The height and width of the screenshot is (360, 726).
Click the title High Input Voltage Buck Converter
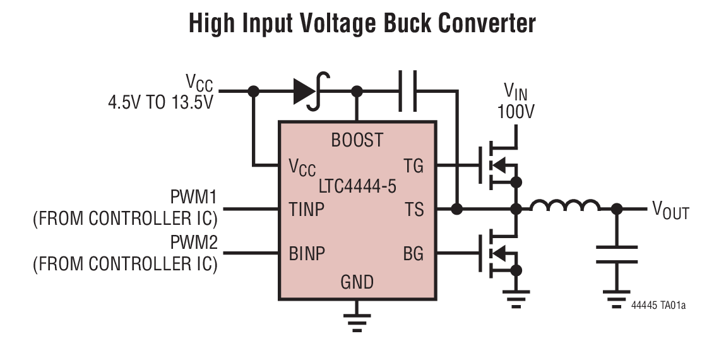[x=362, y=23]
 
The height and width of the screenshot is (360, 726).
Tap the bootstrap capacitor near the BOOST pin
[x=407, y=92]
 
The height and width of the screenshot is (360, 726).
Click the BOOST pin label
[x=357, y=140]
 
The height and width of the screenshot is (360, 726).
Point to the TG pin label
[x=414, y=167]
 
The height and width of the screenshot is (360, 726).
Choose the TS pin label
[x=414, y=209]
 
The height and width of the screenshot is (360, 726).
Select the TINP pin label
[x=307, y=209]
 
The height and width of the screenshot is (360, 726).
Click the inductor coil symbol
[x=564, y=207]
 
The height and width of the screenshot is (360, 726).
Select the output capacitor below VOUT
[x=617, y=254]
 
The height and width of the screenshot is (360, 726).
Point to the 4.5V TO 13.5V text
[x=160, y=102]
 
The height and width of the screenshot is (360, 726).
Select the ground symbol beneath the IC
[x=357, y=322]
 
